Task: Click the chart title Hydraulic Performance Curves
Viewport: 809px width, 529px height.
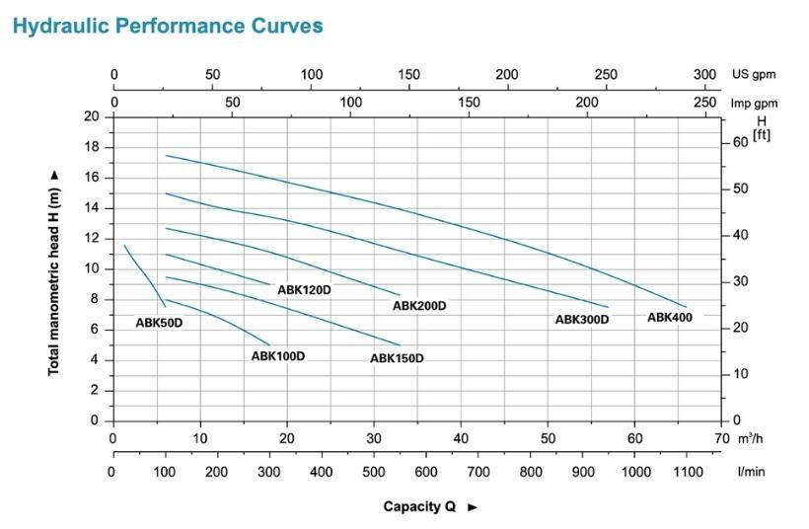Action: [x=168, y=26]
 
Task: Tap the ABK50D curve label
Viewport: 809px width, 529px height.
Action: [x=159, y=322]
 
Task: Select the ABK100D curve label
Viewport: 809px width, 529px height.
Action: [x=278, y=355]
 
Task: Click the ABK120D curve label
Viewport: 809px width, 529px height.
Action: [x=304, y=290]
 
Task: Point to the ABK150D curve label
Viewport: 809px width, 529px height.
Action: [x=397, y=358]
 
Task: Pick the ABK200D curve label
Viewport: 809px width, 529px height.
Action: [x=419, y=306]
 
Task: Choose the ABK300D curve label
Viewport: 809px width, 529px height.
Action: [x=582, y=320]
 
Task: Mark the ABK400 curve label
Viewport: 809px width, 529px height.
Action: [x=670, y=317]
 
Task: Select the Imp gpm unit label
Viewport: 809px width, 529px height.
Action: [x=753, y=103]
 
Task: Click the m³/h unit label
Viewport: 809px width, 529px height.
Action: [x=751, y=438]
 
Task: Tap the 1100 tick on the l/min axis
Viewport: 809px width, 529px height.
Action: [x=687, y=472]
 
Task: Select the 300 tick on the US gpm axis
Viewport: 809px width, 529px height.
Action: [x=704, y=75]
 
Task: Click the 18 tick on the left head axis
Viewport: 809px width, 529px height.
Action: [x=93, y=148]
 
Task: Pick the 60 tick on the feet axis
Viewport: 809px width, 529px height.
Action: [x=740, y=142]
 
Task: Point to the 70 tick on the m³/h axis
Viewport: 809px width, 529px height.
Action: [x=722, y=438]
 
